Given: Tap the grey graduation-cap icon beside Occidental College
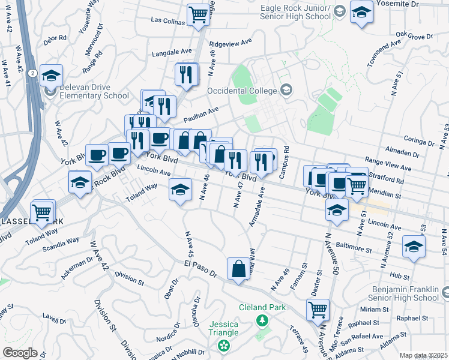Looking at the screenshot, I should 286,91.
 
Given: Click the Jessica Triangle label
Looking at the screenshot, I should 223,328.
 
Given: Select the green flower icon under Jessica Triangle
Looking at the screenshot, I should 224,346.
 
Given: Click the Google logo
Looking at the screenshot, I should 20,353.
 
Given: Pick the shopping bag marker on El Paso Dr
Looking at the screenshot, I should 238,268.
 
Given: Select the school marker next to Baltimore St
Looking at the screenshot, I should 414,247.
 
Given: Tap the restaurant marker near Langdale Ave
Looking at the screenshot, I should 186,74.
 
